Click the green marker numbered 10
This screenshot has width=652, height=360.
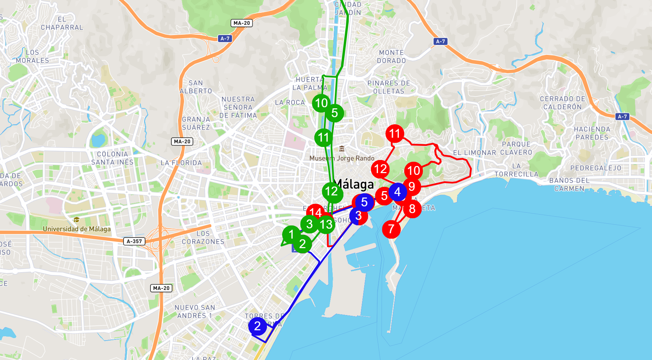coord(321,103)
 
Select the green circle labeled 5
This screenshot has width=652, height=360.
coord(334,113)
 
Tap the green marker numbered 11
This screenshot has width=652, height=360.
coord(324,137)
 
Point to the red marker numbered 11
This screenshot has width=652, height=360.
coord(395,133)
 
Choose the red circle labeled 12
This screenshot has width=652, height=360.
coord(381,169)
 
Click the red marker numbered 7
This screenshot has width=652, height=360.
coord(391,229)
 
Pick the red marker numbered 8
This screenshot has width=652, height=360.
coord(412,209)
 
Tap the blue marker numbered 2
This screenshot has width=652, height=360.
coord(257,326)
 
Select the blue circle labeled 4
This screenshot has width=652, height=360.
coord(398,192)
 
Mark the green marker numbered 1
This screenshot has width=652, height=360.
coord(291,234)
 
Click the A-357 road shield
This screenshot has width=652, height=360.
coord(135,241)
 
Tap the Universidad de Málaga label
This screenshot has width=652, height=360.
coord(77,229)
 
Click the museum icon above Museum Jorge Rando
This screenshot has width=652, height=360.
coord(342,149)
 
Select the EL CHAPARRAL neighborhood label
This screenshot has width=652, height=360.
coord(62,23)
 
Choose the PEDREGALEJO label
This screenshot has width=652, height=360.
coord(596,168)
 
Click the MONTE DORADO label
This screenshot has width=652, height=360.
coord(391,57)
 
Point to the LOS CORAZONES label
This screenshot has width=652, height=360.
coord(203,238)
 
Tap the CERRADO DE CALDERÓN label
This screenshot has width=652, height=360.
coord(562,103)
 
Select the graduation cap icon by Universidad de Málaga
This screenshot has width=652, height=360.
coord(76,220)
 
